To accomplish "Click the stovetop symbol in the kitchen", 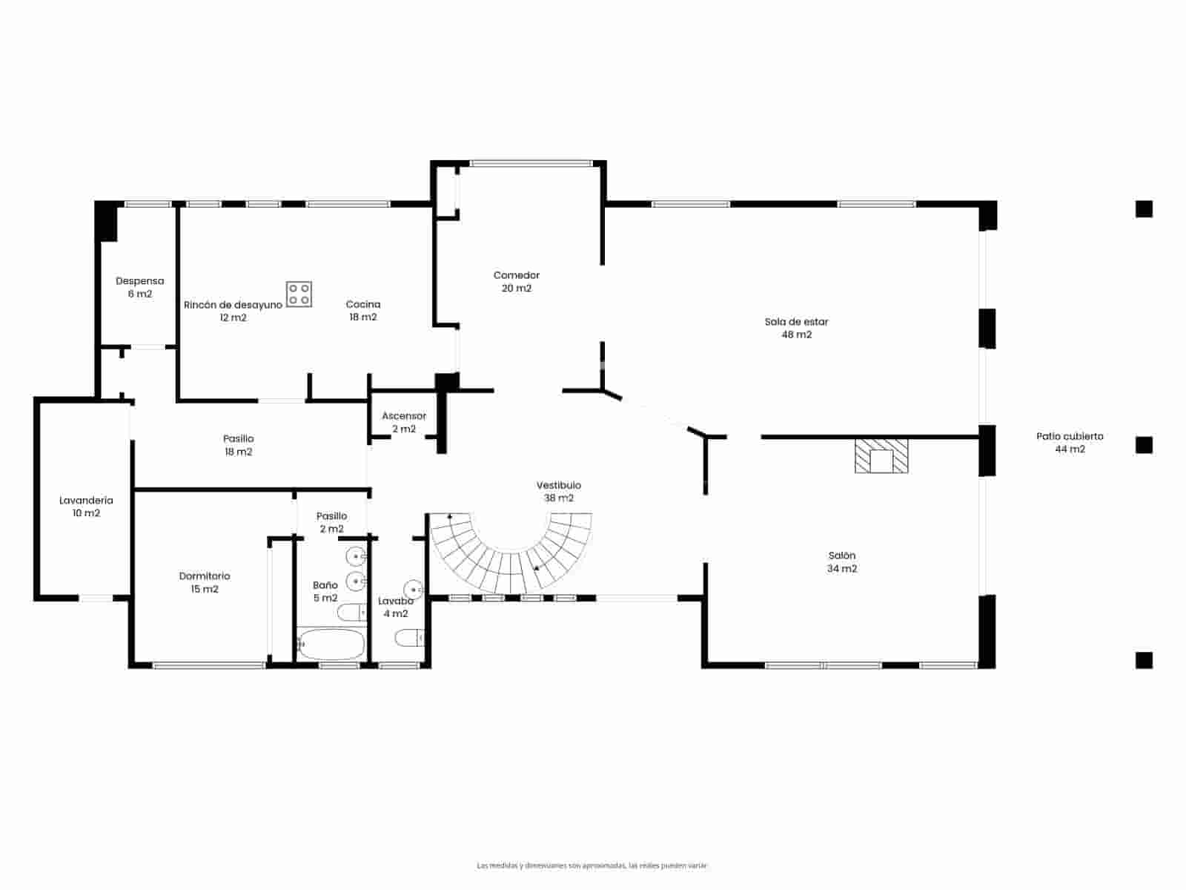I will (x=299, y=294).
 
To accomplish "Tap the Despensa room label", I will (x=139, y=287).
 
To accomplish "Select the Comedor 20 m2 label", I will (x=517, y=282).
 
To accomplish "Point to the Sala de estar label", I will (x=797, y=328).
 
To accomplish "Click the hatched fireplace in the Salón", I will (x=881, y=455).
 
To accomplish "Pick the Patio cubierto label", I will (x=1070, y=443).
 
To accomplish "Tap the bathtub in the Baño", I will (x=331, y=645).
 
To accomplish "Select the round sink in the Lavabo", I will (x=413, y=590).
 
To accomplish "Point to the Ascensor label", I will (x=404, y=422).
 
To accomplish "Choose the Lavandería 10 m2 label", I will (x=86, y=507).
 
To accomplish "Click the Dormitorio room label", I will (x=205, y=582).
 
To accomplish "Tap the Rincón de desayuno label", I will (x=233, y=311).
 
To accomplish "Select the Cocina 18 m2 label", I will (x=363, y=310).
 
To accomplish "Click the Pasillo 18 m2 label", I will (x=238, y=445).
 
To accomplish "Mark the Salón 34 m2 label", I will (x=842, y=562).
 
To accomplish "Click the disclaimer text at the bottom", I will (x=592, y=866).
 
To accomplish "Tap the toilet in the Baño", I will (x=351, y=613).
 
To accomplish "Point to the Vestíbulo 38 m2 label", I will (x=559, y=492).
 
